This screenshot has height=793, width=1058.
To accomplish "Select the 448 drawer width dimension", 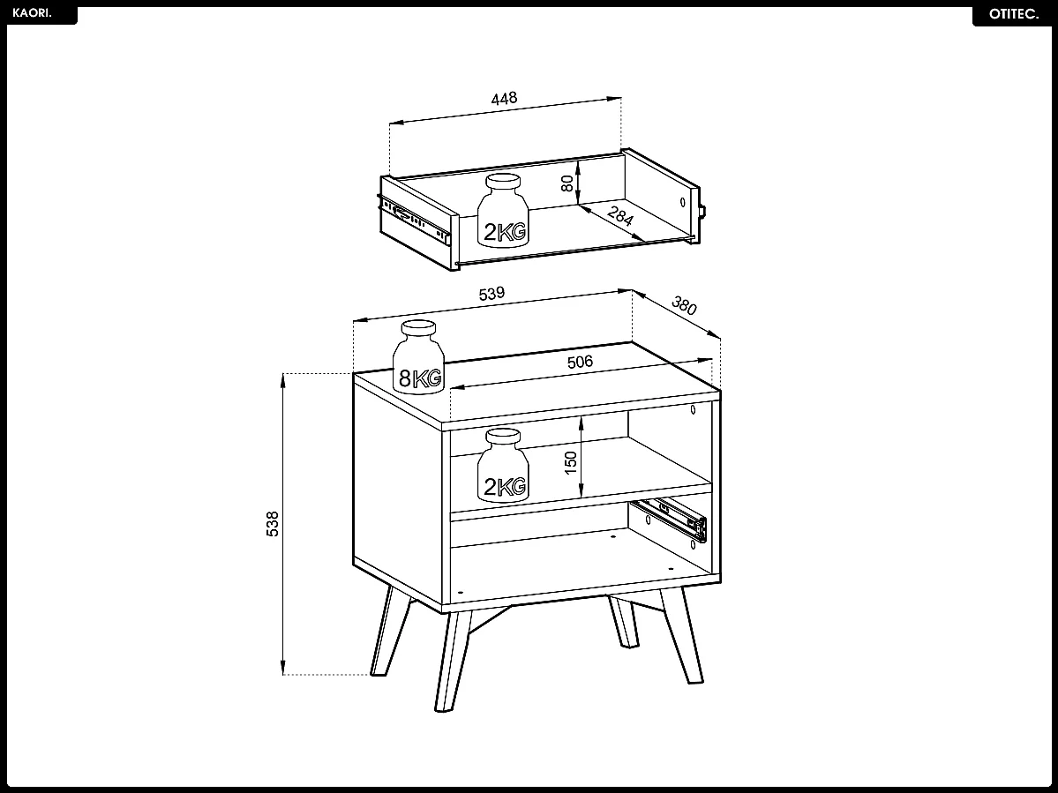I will coord(504,98).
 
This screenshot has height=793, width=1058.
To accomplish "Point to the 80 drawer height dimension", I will coord(568,183).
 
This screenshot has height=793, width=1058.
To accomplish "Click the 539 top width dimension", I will coord(491,294).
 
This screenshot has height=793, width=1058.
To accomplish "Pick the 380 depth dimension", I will coord(684,306).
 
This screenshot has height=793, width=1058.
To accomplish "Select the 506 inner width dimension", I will coord(580,362).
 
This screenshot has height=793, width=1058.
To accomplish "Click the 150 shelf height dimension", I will coord(571,460).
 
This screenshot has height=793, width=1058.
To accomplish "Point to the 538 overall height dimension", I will coord(273,523).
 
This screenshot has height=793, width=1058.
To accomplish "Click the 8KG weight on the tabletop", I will coord(418,357).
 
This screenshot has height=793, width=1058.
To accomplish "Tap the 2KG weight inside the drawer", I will coord(503,212).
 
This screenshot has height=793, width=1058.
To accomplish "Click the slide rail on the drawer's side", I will coord(416,221).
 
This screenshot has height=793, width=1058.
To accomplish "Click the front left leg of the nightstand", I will coord(451,657).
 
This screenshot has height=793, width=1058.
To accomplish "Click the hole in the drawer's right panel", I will coord(684,202).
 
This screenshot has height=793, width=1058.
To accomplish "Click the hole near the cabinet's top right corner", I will coord(694,409).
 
